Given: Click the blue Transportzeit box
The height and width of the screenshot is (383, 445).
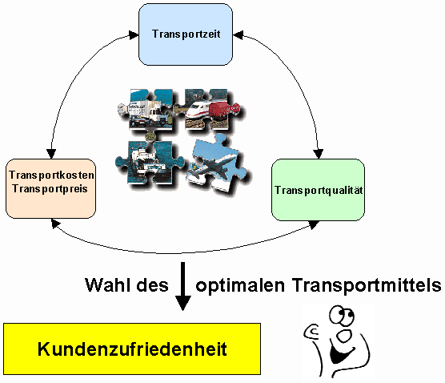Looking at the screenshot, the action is pyautogui.click(x=186, y=34).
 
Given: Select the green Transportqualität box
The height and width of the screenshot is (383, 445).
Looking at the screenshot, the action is pyautogui.click(x=318, y=190).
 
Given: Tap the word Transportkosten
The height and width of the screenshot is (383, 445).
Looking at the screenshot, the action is pyautogui.click(x=51, y=175).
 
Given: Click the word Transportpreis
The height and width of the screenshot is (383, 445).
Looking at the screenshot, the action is pyautogui.click(x=50, y=189).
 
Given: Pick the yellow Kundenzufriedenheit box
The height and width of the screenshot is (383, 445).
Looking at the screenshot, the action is pyautogui.click(x=132, y=349).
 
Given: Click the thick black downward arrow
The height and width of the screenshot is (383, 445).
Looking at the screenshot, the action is pyautogui.click(x=183, y=286).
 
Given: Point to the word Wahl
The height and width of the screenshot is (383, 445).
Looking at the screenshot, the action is pyautogui.click(x=109, y=285).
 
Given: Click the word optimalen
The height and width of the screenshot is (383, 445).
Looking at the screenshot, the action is pyautogui.click(x=240, y=285).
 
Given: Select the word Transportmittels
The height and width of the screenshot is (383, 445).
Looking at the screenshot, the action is pyautogui.click(x=367, y=285).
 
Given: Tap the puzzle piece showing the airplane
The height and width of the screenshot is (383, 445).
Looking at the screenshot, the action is pyautogui.click(x=217, y=164).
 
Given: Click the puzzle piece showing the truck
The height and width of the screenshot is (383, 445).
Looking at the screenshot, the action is pyautogui.click(x=146, y=109).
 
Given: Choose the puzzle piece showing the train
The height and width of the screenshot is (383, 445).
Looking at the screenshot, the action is pyautogui.click(x=209, y=108).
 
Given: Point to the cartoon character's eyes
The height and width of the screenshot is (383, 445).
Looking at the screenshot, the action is pyautogui.click(x=342, y=316).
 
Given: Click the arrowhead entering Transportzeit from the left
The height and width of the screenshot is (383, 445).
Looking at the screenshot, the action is pyautogui.click(x=134, y=35).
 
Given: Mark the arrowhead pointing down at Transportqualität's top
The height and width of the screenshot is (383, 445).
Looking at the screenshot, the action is pyautogui.click(x=319, y=154).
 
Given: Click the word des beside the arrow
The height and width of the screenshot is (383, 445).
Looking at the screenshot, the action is pyautogui.click(x=153, y=285).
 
